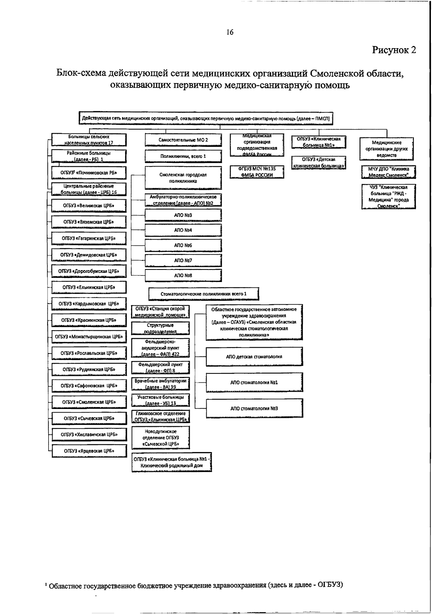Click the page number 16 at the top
(230, 32)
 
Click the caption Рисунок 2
(394, 50)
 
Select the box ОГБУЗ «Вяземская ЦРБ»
(89, 222)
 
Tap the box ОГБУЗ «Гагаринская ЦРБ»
(89, 238)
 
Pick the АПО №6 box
(183, 245)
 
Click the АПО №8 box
(183, 275)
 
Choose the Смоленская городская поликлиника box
(183, 178)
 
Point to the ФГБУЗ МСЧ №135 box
(257, 172)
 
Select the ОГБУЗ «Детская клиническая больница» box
(319, 163)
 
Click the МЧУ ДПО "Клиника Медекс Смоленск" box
(388, 172)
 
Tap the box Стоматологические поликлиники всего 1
(204, 294)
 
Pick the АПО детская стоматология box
(254, 356)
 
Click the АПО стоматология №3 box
(254, 408)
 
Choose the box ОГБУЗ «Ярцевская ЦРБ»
(89, 451)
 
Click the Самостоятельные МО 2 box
(183, 140)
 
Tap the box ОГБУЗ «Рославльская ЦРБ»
(89, 353)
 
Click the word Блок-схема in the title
(81, 73)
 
